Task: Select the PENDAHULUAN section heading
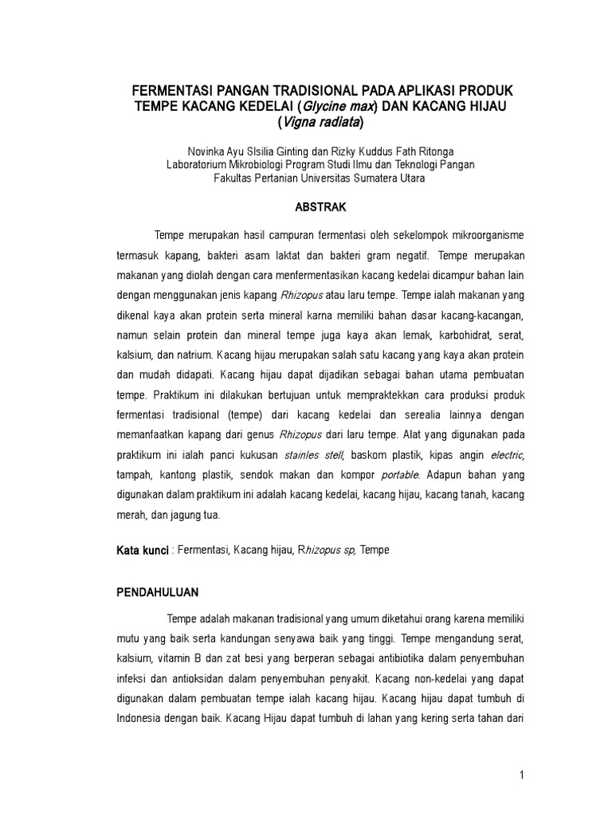click(158, 593)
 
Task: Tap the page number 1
click(520, 776)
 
